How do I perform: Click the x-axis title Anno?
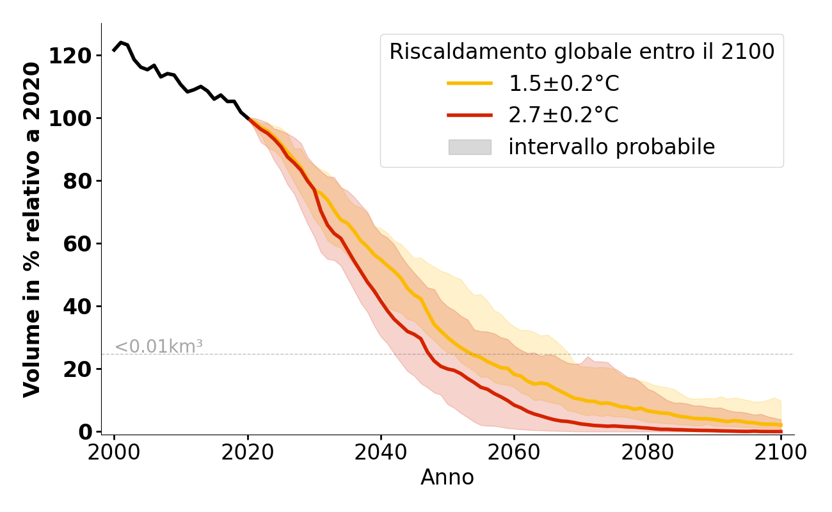447,477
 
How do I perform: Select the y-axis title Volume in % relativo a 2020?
33,229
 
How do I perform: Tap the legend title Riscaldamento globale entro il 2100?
582,52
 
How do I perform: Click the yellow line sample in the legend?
470,83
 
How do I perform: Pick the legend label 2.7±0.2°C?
563,115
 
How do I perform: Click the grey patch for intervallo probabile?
470,147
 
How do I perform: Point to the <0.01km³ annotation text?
158,347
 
